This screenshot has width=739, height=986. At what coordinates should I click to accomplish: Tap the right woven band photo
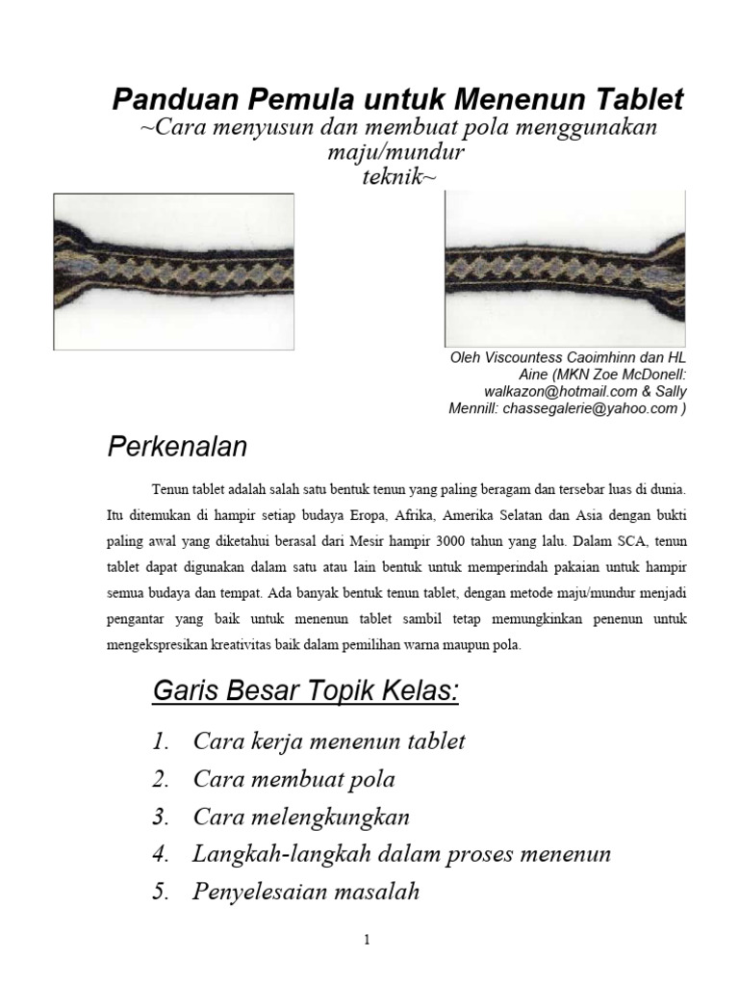[x=565, y=271]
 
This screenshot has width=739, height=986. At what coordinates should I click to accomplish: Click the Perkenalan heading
[x=176, y=446]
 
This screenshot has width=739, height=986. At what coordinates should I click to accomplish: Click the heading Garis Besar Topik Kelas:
[x=305, y=690]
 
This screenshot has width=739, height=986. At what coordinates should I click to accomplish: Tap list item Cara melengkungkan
[x=301, y=817]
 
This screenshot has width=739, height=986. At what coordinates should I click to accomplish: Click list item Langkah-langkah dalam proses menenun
[x=401, y=854]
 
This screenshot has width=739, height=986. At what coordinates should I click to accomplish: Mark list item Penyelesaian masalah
[x=306, y=892]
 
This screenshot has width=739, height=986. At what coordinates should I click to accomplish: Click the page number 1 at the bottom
[x=367, y=941]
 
